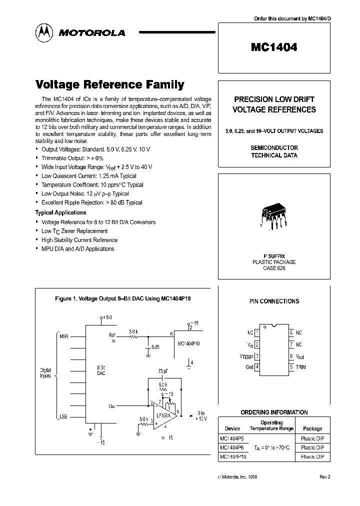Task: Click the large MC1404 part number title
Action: [274, 47]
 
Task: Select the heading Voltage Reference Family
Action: [109, 85]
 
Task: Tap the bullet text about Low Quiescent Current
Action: [88, 176]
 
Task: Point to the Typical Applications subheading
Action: [60, 212]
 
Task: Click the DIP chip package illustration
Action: [273, 217]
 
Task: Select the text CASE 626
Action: [273, 268]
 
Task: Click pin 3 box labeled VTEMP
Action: [257, 356]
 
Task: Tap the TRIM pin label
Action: [300, 367]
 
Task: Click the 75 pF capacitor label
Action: [163, 371]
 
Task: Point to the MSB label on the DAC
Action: [63, 336]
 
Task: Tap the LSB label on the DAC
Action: [63, 416]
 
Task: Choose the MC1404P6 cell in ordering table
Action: [231, 447]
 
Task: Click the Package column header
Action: [312, 428]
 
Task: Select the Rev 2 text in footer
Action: [325, 477]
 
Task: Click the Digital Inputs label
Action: [45, 373]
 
